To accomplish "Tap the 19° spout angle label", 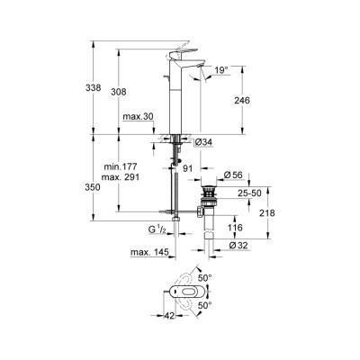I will point(220,69).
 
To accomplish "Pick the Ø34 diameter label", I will point(203,141).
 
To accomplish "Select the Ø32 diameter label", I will point(238,246).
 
